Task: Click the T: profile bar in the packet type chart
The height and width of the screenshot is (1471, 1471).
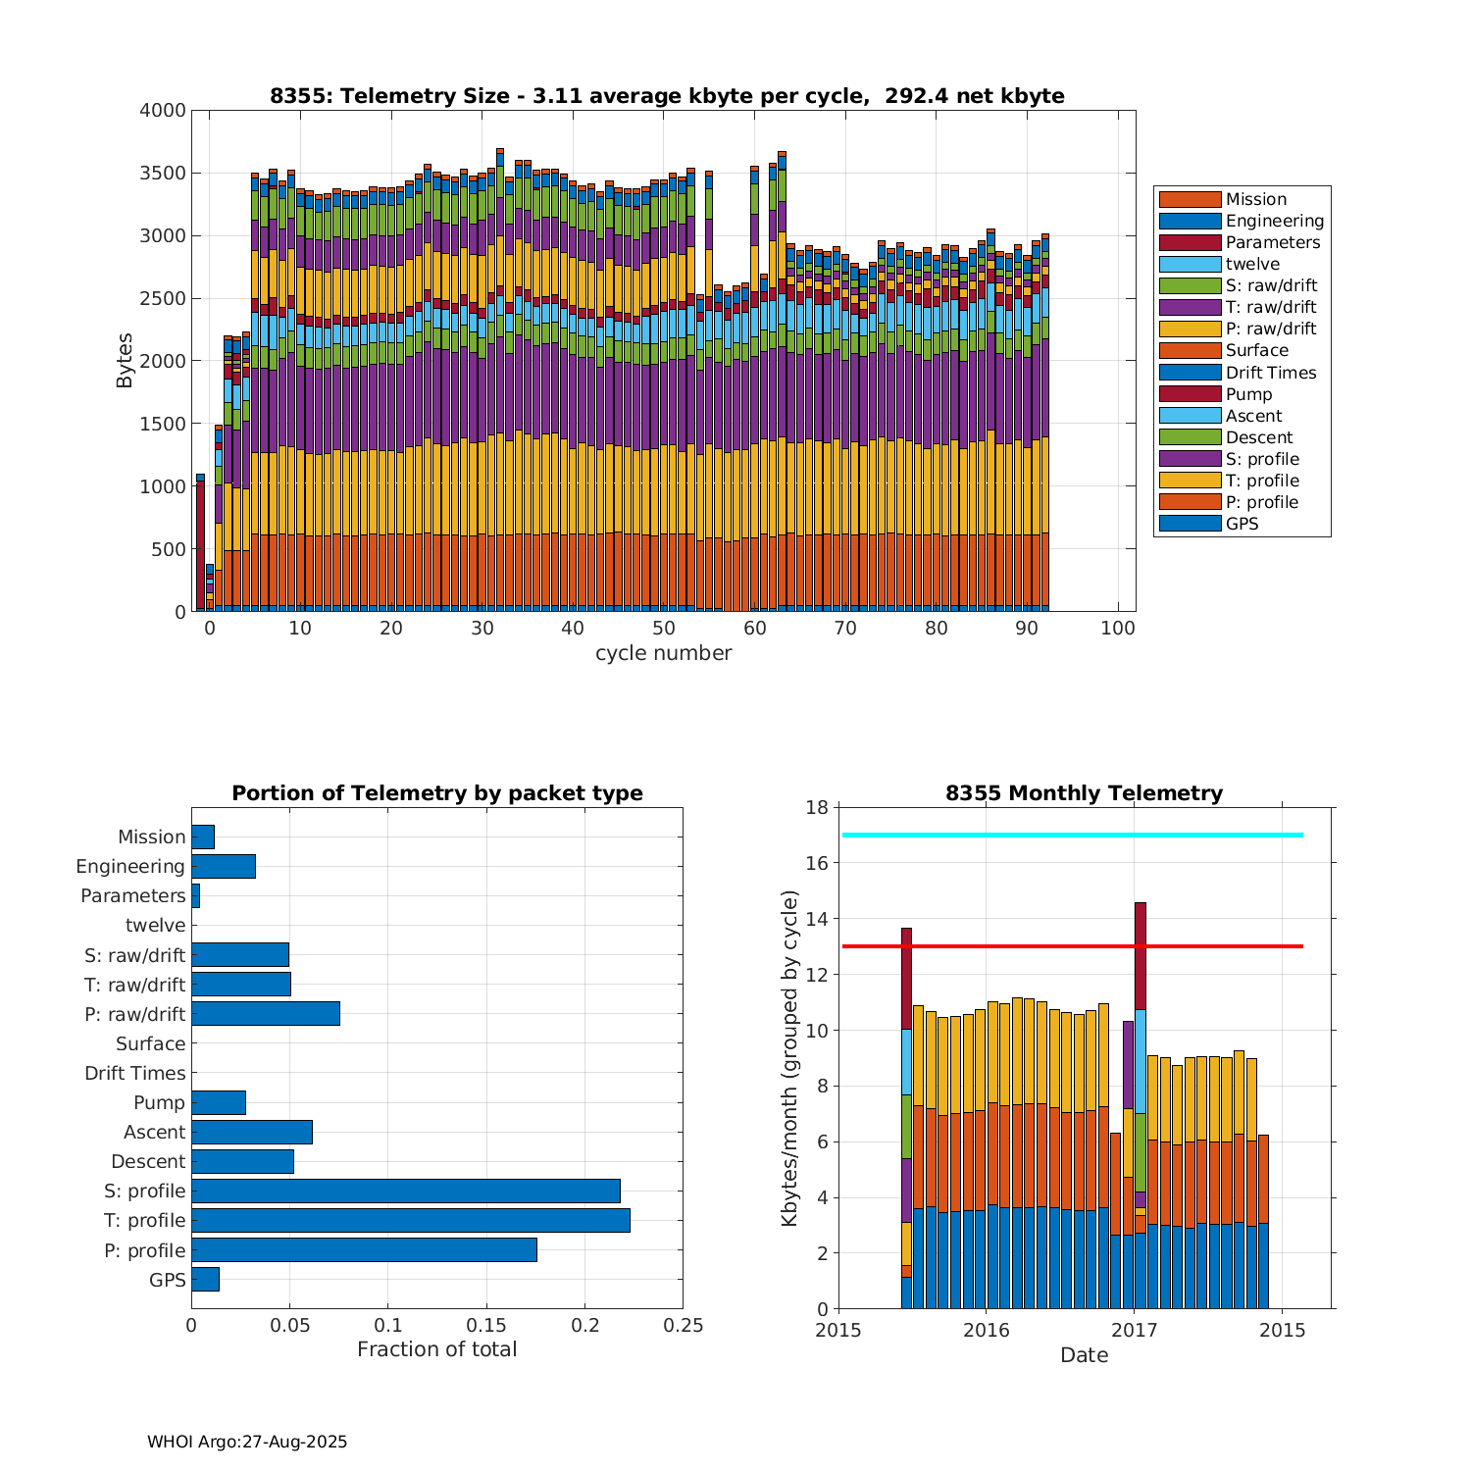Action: [x=410, y=1220]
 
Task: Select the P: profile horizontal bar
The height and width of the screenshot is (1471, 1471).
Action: [x=364, y=1249]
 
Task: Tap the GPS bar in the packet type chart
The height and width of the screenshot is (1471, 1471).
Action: [x=205, y=1279]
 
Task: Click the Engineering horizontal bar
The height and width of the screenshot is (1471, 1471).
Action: [x=224, y=866]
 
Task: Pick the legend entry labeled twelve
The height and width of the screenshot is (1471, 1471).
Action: [x=1252, y=264]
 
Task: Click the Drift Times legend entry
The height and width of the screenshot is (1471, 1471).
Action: [x=1270, y=373]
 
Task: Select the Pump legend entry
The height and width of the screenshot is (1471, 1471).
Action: [x=1248, y=394]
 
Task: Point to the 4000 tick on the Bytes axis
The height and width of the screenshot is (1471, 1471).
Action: [x=162, y=111]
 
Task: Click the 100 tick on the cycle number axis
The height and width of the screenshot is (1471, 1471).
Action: [x=1118, y=629]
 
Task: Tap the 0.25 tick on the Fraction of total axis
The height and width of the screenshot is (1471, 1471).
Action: [x=684, y=1326]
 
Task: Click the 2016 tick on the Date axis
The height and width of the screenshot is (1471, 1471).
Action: [x=986, y=1330]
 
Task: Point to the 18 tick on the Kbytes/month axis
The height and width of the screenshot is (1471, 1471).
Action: [x=817, y=807]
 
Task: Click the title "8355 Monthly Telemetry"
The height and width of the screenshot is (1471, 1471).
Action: [x=1084, y=793]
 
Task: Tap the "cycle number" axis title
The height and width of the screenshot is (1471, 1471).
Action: [x=663, y=653]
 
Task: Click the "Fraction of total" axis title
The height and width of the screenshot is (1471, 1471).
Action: [x=436, y=1349]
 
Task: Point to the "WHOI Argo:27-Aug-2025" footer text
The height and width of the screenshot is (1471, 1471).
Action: [x=247, y=1442]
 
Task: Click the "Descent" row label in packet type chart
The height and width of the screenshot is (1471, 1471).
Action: [x=148, y=1161]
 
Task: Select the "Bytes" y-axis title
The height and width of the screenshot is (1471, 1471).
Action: [x=125, y=361]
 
